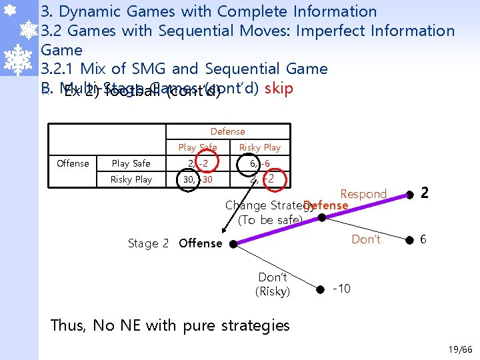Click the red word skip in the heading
279,89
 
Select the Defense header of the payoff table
227,131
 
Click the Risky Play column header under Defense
259,147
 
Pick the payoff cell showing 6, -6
259,163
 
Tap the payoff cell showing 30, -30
197,179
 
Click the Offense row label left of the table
73,163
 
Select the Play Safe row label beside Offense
131,163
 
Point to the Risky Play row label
131,179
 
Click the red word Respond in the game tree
363,194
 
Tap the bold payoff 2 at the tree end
425,193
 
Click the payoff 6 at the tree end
422,239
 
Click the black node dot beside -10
320,289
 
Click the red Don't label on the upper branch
366,239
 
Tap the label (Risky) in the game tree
273,291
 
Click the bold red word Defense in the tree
325,205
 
